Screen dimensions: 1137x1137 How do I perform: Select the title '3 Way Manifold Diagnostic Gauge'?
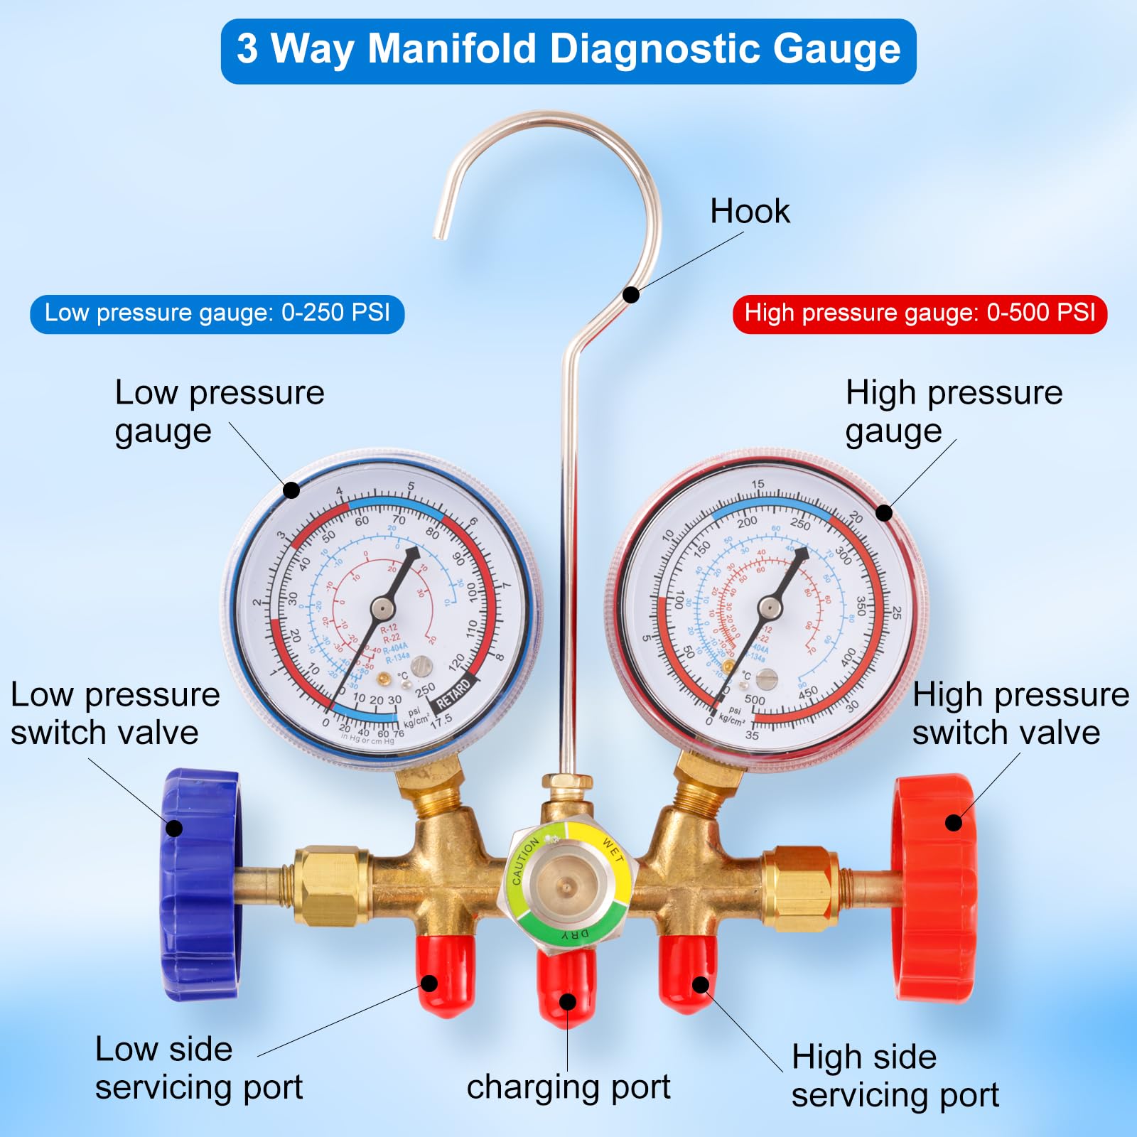point(568,50)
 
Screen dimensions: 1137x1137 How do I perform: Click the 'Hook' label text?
point(750,211)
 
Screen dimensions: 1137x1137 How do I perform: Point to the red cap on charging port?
point(566,988)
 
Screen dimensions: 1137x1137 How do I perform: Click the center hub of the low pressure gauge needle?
point(382,608)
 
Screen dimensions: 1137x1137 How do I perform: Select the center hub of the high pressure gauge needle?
point(770,607)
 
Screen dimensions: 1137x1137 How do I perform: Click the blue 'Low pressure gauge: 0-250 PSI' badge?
point(217,313)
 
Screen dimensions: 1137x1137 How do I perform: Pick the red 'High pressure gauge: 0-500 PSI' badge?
point(920,313)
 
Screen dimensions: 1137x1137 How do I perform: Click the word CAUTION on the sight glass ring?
point(526,860)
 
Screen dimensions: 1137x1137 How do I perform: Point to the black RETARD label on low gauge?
point(453,694)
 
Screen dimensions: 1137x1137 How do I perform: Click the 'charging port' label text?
point(568,1087)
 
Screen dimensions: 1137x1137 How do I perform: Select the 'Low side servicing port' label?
point(199,1068)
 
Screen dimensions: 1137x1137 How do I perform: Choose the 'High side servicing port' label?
point(895,1076)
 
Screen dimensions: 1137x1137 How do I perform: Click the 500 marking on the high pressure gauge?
point(755,700)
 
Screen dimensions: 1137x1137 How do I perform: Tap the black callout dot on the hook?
point(631,294)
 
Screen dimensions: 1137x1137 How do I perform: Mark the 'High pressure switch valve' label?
point(1020,713)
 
